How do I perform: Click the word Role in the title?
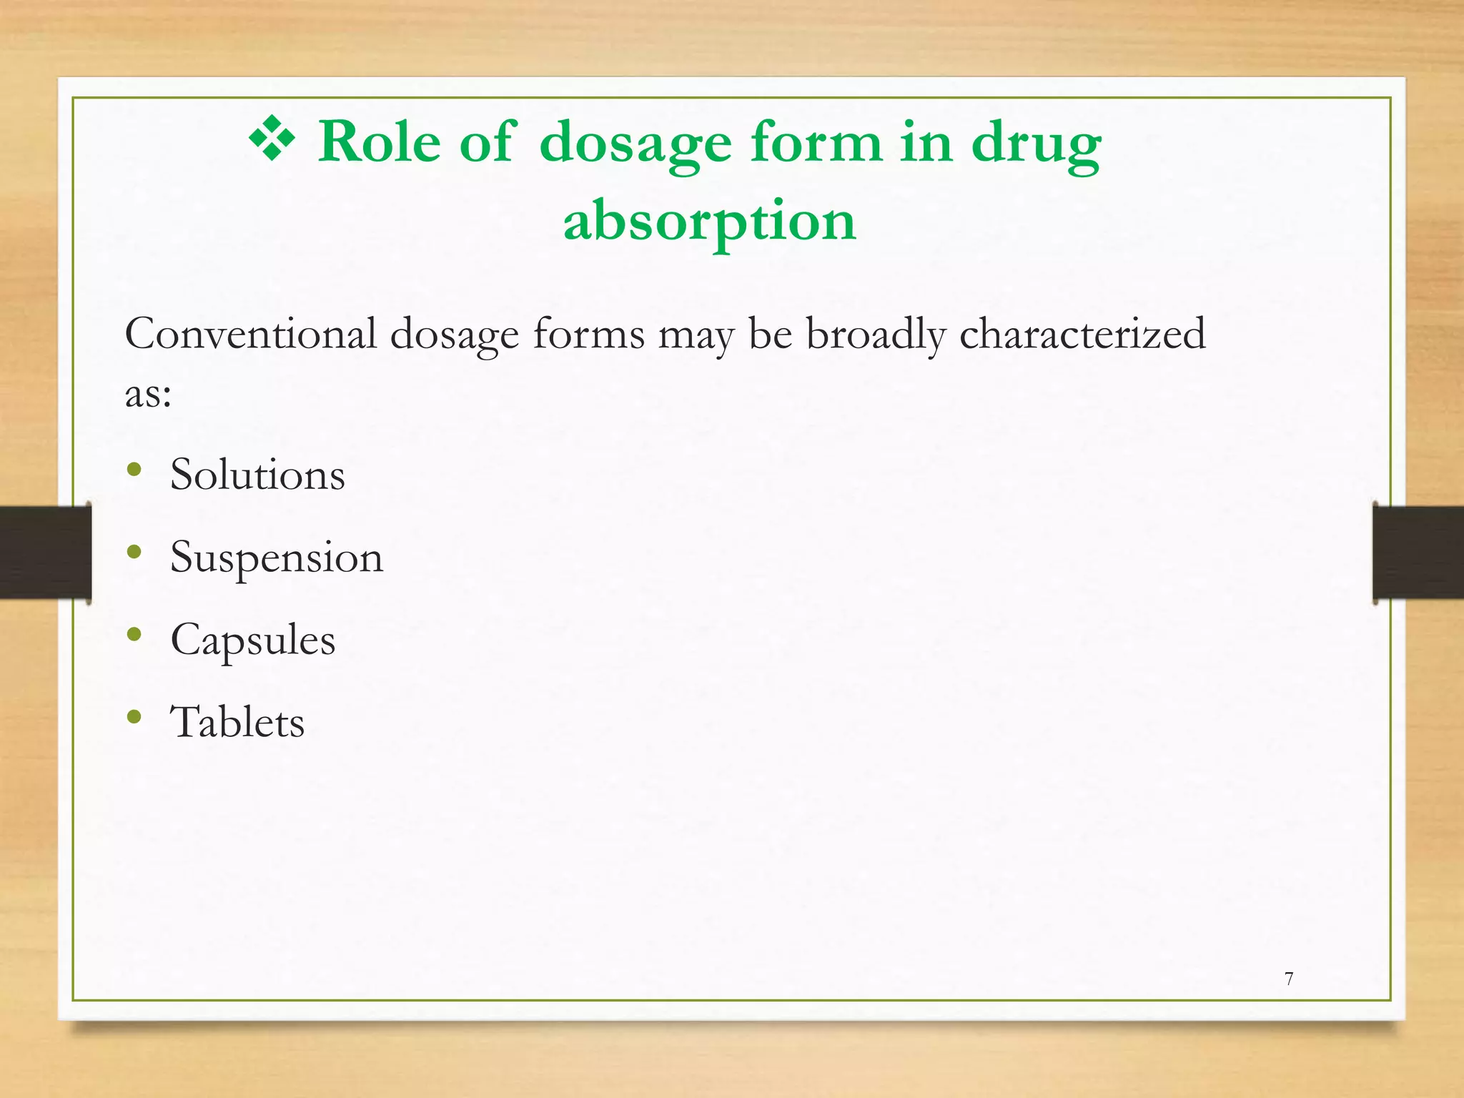coord(379,142)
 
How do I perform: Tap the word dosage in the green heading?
coord(635,145)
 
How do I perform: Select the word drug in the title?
coord(1037,145)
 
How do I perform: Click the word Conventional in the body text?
coord(251,334)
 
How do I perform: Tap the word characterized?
coord(1082,334)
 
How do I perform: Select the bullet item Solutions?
coord(257,475)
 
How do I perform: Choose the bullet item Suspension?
coord(277,558)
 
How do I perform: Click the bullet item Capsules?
coord(252,640)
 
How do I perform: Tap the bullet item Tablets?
coord(237,723)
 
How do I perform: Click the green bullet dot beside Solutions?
coord(134,470)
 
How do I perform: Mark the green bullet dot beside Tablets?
coord(134,717)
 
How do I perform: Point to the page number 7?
coord(1289,979)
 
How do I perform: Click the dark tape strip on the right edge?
coord(1418,552)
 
